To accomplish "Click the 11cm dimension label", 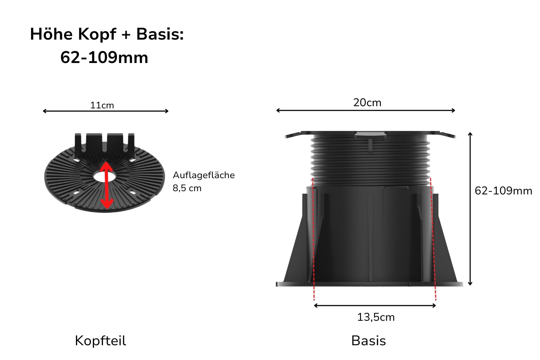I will coord(102,105).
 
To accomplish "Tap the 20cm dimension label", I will coord(367,103).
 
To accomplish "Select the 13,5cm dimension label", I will coord(376,317).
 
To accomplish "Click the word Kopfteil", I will coord(100,341).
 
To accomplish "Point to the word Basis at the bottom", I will coord(368,341).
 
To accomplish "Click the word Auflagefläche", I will coord(204,175).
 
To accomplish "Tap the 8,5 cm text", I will coord(187,188).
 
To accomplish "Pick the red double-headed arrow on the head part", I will coord(106,185).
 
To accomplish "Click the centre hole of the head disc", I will coord(104,177).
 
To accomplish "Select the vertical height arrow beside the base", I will coord(470,209).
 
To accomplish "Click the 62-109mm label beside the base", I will coord(503,191).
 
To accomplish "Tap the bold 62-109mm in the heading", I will coord(104,58).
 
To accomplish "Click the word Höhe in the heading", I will coord(51,34).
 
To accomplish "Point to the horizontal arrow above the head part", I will coord(105,111).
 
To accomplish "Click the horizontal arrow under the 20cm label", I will coord(365,111).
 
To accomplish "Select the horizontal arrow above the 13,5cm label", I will coord(375,306).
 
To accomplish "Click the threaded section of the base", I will coord(370,158).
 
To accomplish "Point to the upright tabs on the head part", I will coord(104,142).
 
